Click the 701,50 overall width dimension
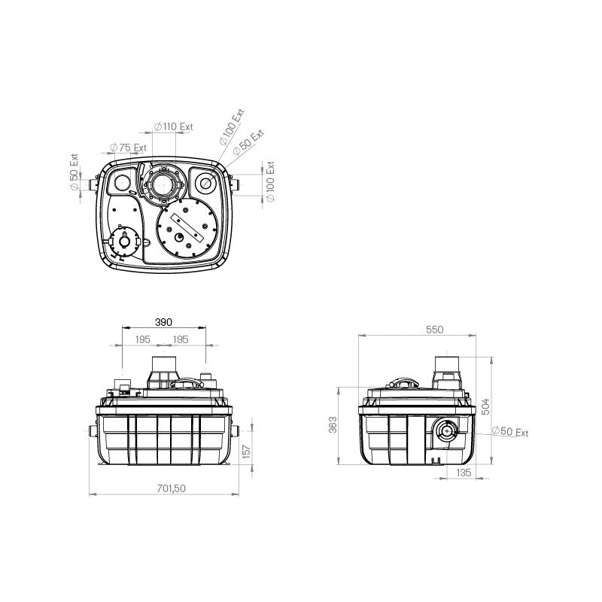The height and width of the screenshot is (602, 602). click(x=171, y=488)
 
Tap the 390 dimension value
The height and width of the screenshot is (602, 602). click(x=163, y=322)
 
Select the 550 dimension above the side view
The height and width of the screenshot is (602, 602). click(x=435, y=330)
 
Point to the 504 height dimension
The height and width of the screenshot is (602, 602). click(x=485, y=406)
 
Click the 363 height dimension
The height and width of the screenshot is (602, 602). click(x=333, y=424)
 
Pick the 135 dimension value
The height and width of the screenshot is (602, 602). click(x=464, y=473)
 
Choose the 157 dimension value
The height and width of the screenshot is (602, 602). click(x=247, y=451)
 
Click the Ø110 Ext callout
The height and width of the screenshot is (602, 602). click(x=174, y=126)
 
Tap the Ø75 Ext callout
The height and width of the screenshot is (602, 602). click(x=128, y=147)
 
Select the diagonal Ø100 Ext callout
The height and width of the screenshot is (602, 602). click(x=232, y=127)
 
